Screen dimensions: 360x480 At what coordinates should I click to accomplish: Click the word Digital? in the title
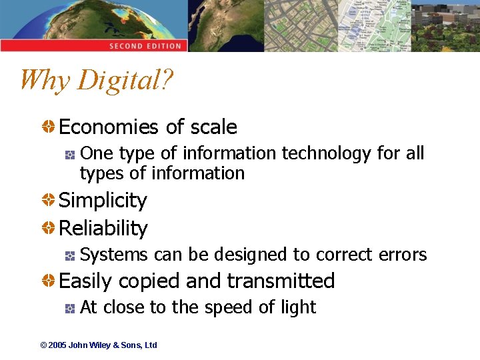pos(125,81)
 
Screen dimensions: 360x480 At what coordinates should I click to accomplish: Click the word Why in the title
pos(44,81)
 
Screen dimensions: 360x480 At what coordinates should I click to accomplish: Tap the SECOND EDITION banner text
pos(145,46)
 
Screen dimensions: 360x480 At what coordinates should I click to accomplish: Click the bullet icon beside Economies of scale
pos(49,127)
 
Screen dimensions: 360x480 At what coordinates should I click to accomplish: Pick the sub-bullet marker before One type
pos(69,155)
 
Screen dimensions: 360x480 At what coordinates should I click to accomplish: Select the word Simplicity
pos(103,201)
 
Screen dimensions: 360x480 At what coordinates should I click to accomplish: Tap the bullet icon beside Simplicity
pos(49,201)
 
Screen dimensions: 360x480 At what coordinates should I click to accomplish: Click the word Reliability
pos(103,229)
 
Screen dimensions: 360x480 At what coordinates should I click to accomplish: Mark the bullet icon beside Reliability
pos(49,229)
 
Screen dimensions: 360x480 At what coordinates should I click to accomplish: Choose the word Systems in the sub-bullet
pos(114,255)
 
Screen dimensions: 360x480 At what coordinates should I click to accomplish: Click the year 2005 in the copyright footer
pos(58,345)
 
